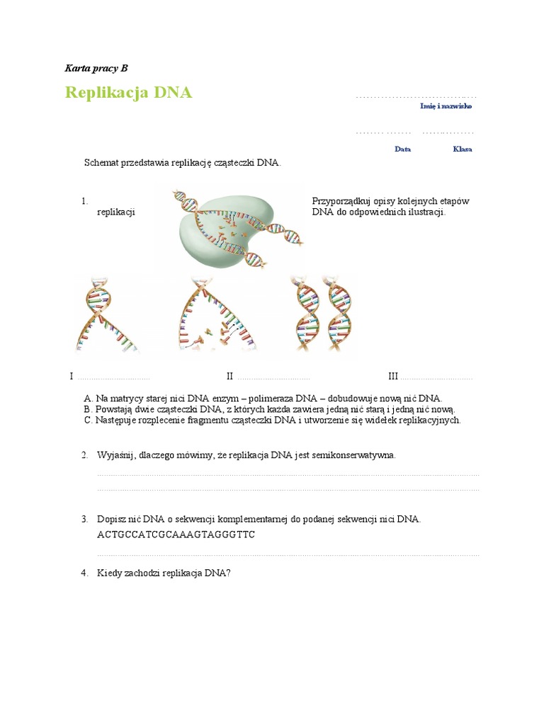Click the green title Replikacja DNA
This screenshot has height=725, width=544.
[x=128, y=93]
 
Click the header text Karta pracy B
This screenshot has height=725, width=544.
[x=96, y=69]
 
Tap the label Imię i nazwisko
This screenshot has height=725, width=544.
[x=446, y=106]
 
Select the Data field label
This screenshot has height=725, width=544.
[x=402, y=149]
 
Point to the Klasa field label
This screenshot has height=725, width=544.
[x=462, y=149]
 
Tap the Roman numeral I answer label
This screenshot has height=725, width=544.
[x=72, y=376]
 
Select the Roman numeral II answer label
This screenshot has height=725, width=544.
[x=229, y=376]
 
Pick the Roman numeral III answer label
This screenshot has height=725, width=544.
[x=393, y=376]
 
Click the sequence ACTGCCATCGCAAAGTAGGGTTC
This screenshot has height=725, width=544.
[x=176, y=535]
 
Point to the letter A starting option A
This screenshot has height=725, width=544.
[x=87, y=399]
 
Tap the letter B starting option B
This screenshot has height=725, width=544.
[x=87, y=409]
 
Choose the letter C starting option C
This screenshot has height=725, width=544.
[x=87, y=420]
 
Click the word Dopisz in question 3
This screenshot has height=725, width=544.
[x=111, y=519]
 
